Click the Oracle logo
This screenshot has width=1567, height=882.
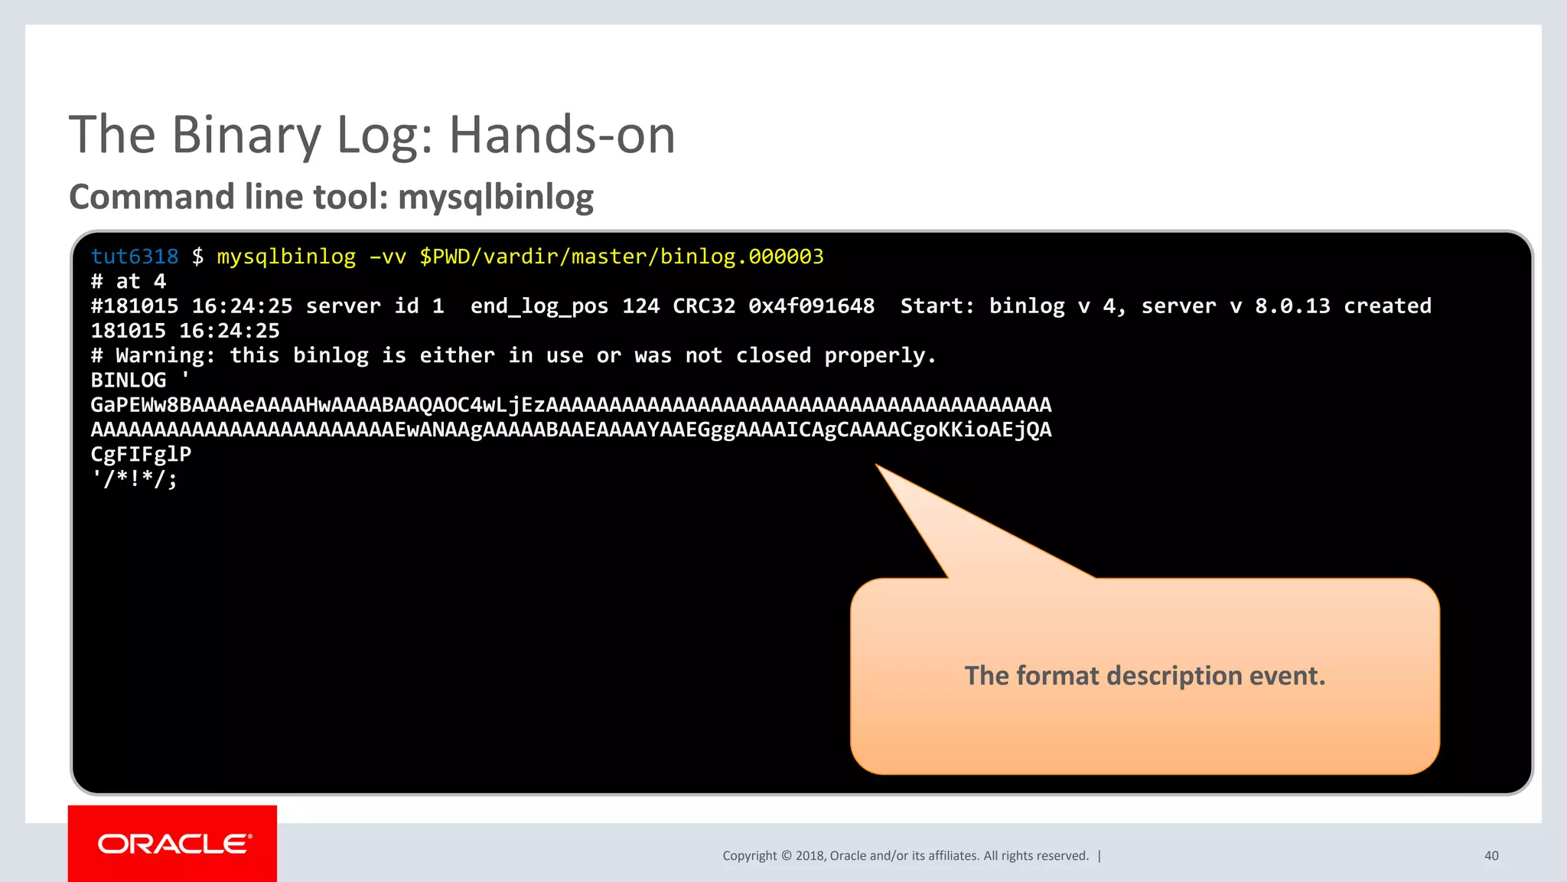(174, 844)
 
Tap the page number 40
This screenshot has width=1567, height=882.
(1491, 856)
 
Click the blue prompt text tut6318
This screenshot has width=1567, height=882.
(134, 256)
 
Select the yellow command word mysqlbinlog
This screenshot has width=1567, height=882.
(286, 256)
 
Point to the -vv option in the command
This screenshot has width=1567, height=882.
(387, 256)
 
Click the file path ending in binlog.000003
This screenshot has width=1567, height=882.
(621, 256)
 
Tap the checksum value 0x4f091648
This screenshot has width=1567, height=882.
(811, 306)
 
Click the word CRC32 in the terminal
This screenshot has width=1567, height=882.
(704, 306)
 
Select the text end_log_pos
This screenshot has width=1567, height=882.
(539, 306)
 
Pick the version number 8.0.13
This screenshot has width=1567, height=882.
(1292, 306)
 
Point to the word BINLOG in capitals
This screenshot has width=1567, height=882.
(128, 381)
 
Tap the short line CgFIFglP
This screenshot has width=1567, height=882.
(141, 454)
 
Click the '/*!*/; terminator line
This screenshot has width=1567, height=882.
(135, 479)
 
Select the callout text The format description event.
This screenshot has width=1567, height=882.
(1145, 676)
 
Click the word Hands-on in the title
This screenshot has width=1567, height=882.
(562, 136)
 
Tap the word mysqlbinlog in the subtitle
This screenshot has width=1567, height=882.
(496, 198)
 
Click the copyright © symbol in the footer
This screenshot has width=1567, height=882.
(786, 856)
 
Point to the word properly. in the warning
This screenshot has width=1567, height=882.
(880, 356)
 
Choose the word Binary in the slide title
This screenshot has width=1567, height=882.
(246, 136)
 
